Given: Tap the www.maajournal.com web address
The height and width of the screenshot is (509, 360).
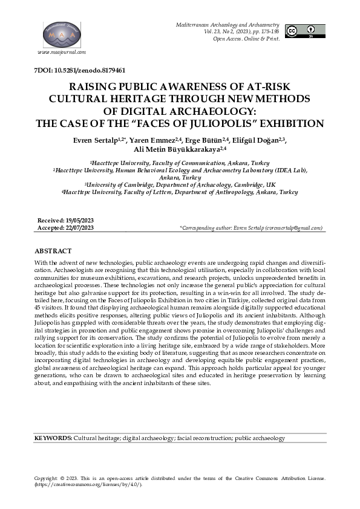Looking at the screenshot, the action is pos(61,53).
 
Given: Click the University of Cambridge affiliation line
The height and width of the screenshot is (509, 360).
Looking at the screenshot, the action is pos(180,185).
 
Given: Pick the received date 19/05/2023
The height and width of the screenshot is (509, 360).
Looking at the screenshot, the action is pos(80,221).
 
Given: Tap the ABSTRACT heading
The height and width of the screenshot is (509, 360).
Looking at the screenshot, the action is pos(53,250).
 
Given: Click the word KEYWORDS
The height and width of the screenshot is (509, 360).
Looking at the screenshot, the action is pos(53,438).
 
